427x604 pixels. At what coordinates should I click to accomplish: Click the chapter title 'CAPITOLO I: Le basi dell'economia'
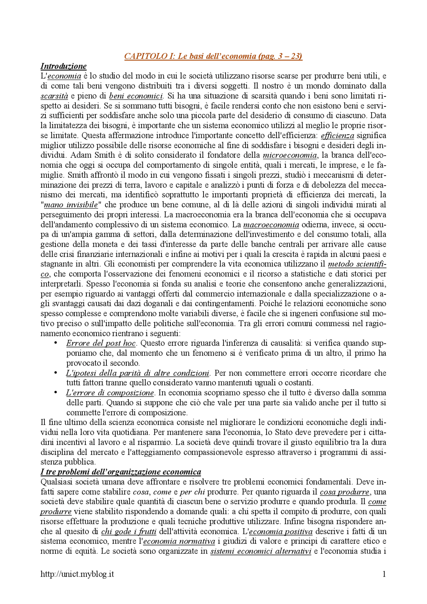tap(213, 56)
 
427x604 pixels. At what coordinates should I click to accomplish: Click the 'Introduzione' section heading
tap(63, 66)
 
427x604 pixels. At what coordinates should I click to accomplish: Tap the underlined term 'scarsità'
tap(54, 96)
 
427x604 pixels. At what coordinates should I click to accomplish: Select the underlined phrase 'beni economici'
tap(136, 96)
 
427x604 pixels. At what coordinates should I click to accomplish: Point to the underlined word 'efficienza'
tap(337, 136)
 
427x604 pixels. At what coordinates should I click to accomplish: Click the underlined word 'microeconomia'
tap(290, 155)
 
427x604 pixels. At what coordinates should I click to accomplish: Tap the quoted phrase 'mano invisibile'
tap(71, 205)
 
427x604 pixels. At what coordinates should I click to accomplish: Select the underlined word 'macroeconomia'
tap(271, 225)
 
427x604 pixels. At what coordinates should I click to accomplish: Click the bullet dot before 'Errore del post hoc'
tap(56, 343)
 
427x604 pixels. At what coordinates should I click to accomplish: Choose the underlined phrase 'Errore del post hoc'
tap(101, 343)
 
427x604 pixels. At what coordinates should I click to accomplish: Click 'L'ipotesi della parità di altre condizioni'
tap(137, 373)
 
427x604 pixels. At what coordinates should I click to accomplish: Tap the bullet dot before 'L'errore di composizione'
tap(56, 392)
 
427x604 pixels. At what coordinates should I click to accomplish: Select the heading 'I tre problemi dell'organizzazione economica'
tap(121, 472)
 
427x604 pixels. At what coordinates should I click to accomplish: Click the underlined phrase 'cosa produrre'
tap(345, 492)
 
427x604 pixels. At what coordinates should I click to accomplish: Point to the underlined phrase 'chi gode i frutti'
tap(129, 532)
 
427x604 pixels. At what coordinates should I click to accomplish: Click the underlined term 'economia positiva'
tap(281, 532)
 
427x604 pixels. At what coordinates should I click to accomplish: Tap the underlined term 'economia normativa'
tap(179, 541)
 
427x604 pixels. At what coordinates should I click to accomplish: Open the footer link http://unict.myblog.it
tap(77, 574)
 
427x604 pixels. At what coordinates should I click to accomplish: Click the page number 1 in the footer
tap(384, 574)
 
